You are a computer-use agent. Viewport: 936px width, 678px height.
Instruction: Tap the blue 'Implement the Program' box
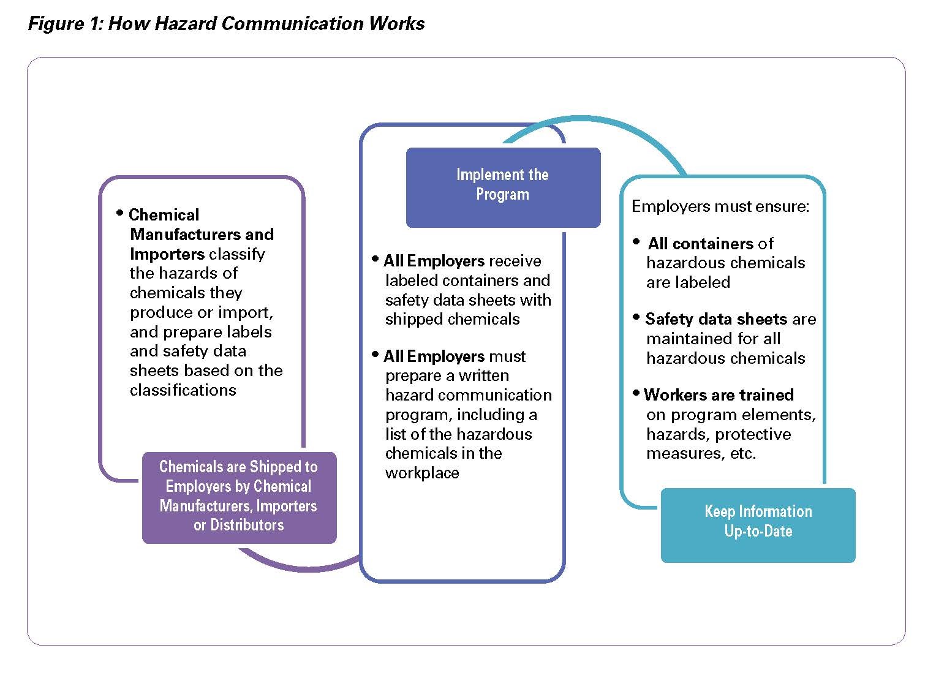click(503, 187)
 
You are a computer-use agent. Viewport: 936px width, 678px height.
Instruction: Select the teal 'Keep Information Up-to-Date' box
click(758, 525)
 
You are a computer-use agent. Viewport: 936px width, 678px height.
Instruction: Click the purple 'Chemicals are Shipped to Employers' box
click(239, 497)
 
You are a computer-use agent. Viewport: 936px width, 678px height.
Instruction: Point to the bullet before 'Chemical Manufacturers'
click(120, 213)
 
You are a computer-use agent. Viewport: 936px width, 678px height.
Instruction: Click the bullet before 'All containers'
click(636, 241)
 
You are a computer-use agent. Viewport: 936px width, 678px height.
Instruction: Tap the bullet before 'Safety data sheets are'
click(636, 317)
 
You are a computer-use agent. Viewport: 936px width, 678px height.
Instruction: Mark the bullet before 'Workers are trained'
click(636, 393)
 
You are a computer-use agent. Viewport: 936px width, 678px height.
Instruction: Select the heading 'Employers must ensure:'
click(720, 206)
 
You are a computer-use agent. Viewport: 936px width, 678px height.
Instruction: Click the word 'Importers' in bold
click(167, 254)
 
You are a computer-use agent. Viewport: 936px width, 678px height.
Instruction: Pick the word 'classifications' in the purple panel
click(183, 390)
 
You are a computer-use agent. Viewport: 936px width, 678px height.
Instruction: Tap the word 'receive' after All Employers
click(515, 261)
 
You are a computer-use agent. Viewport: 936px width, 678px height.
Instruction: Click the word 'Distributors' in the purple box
click(247, 525)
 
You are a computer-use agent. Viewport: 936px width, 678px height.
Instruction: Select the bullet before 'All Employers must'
click(375, 355)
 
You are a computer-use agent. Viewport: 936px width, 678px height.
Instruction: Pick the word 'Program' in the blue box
click(503, 195)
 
